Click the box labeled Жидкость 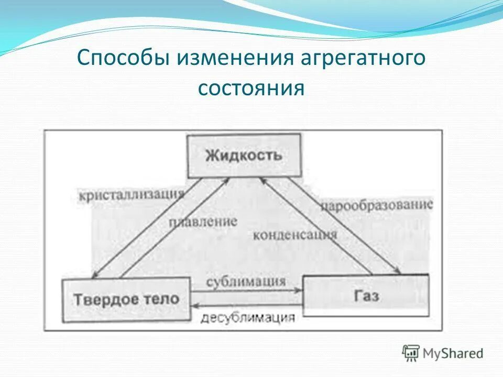[244, 156]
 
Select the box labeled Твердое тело [126, 300]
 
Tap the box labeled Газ [366, 296]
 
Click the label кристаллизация [132, 195]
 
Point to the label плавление [203, 221]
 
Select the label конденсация [294, 234]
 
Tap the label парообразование [377, 205]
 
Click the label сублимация [246, 281]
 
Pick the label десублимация [248, 317]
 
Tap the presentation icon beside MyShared [411, 353]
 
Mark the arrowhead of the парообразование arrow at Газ [399, 272]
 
